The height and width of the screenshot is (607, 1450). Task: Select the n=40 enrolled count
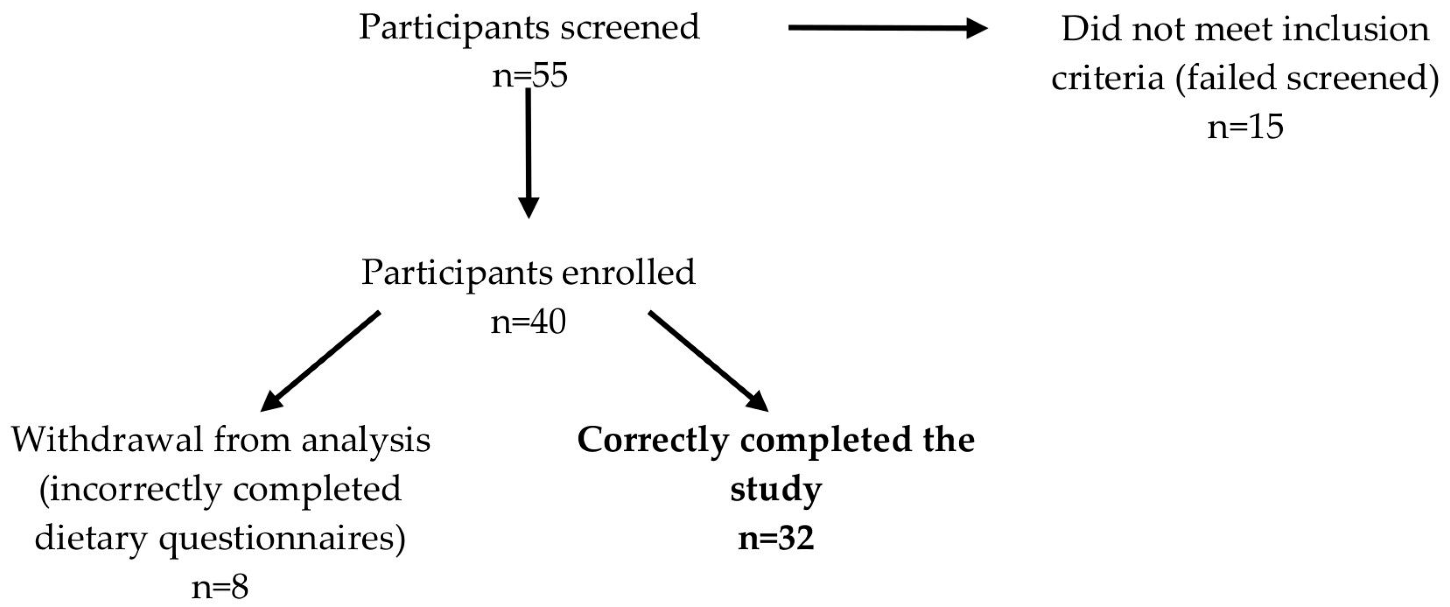click(x=528, y=322)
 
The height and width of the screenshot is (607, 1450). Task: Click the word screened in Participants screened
click(x=630, y=27)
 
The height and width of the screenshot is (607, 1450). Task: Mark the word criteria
click(x=1107, y=77)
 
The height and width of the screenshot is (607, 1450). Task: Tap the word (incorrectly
click(x=130, y=489)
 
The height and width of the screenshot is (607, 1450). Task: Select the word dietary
click(x=91, y=539)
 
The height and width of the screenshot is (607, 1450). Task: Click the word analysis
click(x=365, y=440)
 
